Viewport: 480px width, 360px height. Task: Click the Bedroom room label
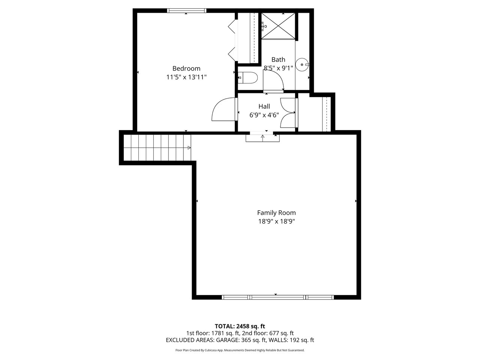[186, 68]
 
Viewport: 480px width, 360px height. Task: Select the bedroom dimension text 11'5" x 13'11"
[186, 77]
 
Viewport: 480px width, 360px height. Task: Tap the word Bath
[278, 60]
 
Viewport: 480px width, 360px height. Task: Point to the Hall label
[264, 106]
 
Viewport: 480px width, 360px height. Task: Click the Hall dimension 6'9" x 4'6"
[264, 115]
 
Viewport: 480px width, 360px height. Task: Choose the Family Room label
[276, 213]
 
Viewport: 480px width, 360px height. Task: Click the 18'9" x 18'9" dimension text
[276, 221]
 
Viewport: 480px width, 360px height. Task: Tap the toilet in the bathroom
[247, 78]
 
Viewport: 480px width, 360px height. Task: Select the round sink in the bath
[302, 65]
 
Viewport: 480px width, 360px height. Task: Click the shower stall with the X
[278, 26]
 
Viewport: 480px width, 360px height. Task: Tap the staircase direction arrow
[189, 148]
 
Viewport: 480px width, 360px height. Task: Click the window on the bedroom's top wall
[186, 10]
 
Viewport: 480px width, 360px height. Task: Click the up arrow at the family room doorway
[262, 137]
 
